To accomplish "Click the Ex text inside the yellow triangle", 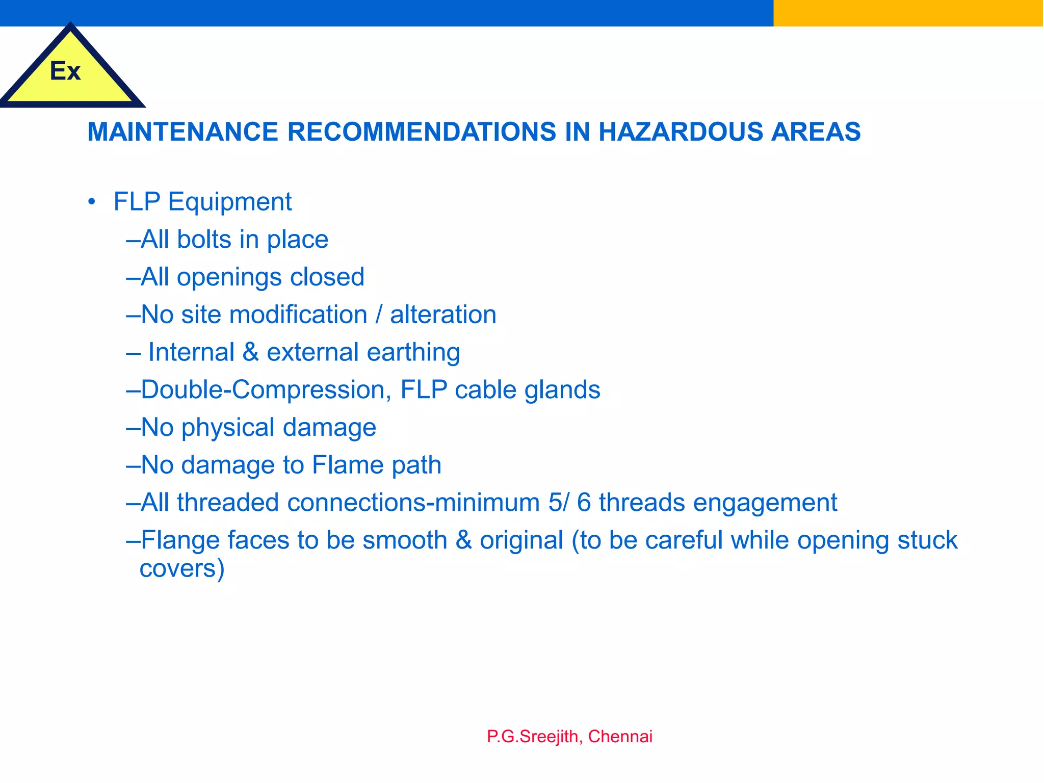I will pyautogui.click(x=65, y=71).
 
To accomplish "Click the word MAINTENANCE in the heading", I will pyautogui.click(x=182, y=132).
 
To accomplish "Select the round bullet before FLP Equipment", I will pyautogui.click(x=92, y=202).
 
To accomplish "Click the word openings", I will pyautogui.click(x=229, y=277).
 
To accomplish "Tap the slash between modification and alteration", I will pyautogui.click(x=378, y=315).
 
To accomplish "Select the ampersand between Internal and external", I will pyautogui.click(x=250, y=352).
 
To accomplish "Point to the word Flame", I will pyautogui.click(x=341, y=465).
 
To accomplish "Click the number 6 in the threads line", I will pyautogui.click(x=584, y=503).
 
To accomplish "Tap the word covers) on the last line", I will pyautogui.click(x=182, y=568).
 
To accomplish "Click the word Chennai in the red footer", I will pyautogui.click(x=620, y=737).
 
